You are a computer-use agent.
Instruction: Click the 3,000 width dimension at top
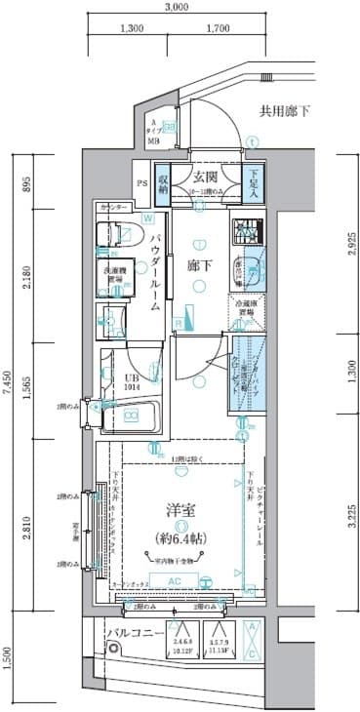click(176, 8)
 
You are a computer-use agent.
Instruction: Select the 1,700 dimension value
click(219, 29)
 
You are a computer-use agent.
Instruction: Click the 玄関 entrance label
click(205, 177)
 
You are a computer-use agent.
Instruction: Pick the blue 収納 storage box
click(164, 183)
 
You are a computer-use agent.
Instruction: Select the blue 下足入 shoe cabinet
click(253, 183)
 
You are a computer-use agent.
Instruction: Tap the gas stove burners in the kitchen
click(244, 231)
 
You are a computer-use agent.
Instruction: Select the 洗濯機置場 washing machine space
click(113, 278)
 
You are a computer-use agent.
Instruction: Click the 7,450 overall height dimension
click(8, 387)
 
